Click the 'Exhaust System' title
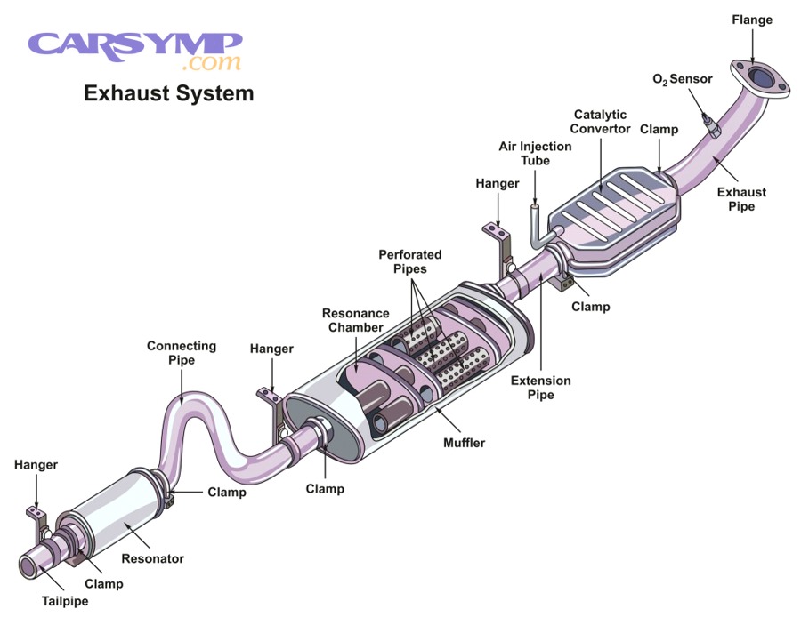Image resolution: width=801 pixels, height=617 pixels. tap(168, 92)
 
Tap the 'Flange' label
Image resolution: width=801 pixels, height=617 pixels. tap(753, 19)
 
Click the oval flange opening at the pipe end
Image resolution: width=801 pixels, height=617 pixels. tap(758, 76)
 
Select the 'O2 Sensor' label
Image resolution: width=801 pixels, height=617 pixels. tap(683, 79)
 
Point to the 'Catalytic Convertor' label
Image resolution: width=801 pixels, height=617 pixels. tap(600, 122)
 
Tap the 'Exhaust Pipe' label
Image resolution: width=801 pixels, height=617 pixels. tap(743, 199)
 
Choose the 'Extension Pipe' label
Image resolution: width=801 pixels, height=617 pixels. tap(540, 388)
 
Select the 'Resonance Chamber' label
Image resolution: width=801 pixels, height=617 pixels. tap(356, 321)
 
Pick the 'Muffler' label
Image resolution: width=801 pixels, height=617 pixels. tap(464, 442)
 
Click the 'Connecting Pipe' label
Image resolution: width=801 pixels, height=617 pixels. tap(182, 353)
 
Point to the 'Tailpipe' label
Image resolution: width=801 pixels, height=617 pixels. tap(64, 601)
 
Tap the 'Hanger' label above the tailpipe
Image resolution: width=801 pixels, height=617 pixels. tap(36, 464)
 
